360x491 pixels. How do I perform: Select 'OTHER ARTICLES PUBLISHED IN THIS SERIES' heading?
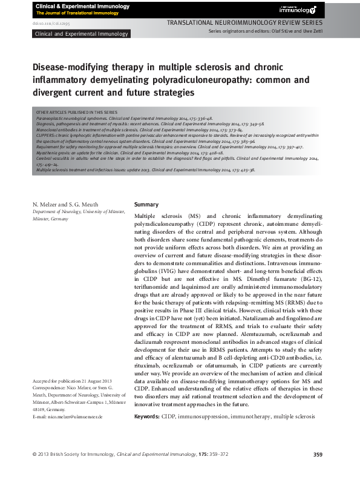[x=77, y=113]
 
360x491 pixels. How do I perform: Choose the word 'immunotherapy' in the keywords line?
[x=250, y=417]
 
